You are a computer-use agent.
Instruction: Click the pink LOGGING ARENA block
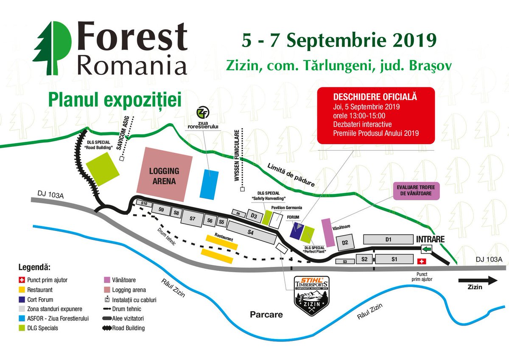point(164,174)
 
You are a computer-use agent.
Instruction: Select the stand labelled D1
point(388,239)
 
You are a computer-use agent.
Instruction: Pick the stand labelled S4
point(250,232)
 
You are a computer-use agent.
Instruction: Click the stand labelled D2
point(345,243)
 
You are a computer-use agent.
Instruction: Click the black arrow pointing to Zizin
point(477,280)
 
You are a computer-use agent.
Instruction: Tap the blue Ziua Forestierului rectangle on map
point(209,184)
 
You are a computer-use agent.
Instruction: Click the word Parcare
point(266,315)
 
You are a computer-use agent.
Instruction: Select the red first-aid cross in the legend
point(22,280)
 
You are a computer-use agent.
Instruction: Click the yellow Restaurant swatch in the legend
point(22,290)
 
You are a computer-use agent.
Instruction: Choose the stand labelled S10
point(144,204)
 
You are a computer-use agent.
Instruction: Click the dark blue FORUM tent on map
point(296,230)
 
